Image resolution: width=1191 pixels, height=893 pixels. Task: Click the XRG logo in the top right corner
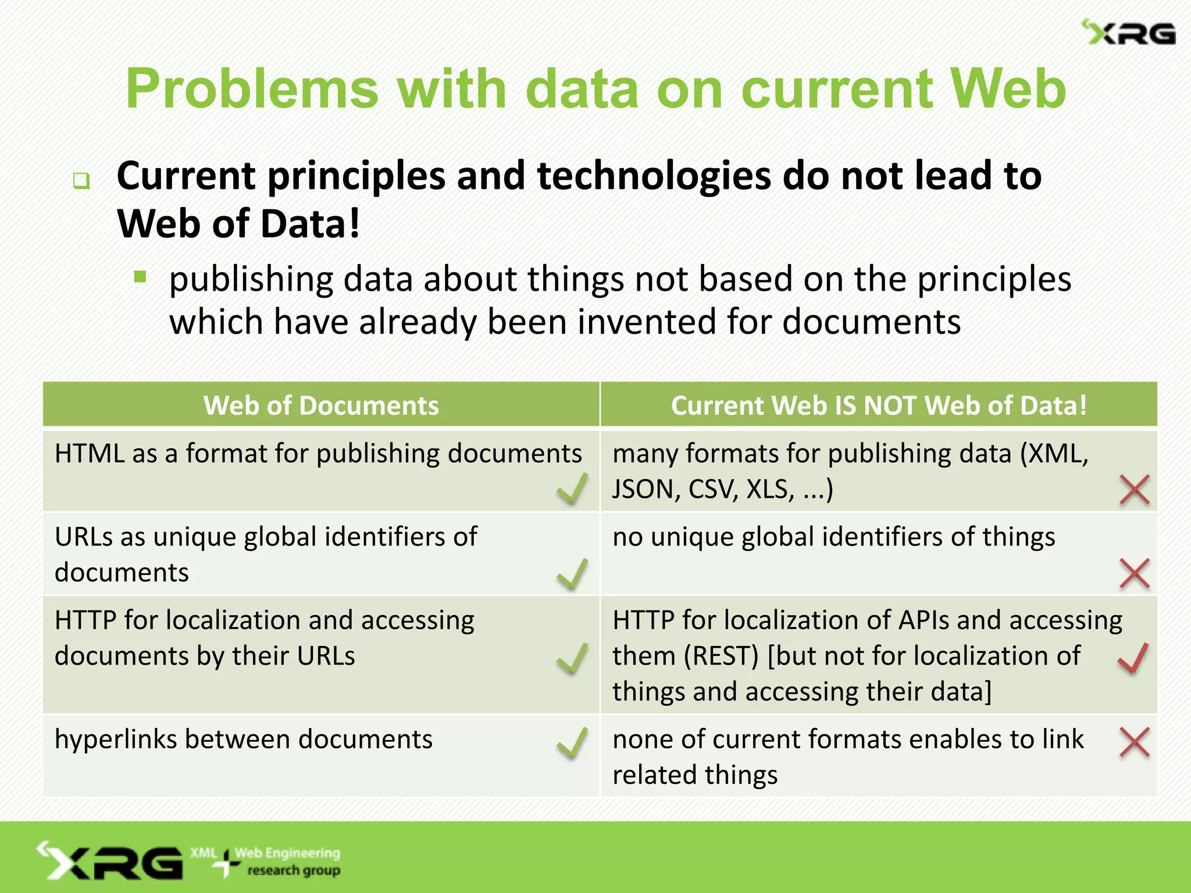pyautogui.click(x=1128, y=33)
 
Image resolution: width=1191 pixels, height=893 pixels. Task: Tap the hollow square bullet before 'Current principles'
pyautogui.click(x=81, y=181)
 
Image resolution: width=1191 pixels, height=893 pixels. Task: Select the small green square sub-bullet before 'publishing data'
pyautogui.click(x=140, y=277)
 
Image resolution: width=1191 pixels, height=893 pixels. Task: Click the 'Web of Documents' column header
pyautogui.click(x=321, y=405)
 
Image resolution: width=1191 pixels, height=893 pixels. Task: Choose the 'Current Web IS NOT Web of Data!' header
pyautogui.click(x=878, y=405)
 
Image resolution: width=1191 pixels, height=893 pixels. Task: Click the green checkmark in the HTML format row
pyautogui.click(x=572, y=488)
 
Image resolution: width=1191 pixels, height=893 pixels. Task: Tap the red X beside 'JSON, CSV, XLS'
pyautogui.click(x=1135, y=490)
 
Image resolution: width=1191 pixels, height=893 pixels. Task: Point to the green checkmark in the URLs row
pyautogui.click(x=572, y=574)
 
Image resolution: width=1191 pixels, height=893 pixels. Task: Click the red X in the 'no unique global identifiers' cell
pyautogui.click(x=1135, y=574)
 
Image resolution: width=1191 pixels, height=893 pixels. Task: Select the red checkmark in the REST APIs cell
pyautogui.click(x=1133, y=658)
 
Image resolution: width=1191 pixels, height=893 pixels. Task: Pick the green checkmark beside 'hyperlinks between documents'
pyautogui.click(x=572, y=743)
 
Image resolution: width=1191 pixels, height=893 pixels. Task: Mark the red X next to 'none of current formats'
pyautogui.click(x=1135, y=742)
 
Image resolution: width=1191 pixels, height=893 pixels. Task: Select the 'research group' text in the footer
pyautogui.click(x=294, y=870)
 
